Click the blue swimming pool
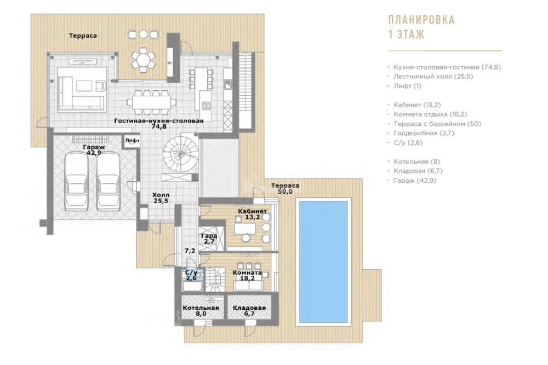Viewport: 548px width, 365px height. coord(323,262)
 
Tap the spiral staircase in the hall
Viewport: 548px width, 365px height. coord(181,154)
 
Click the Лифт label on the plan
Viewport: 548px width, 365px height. coord(133,141)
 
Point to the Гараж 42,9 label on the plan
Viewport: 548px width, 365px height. coord(94,150)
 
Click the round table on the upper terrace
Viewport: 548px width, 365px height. coord(143,60)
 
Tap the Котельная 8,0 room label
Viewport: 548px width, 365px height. coord(201,311)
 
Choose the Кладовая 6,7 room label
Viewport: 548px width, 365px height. coord(249,311)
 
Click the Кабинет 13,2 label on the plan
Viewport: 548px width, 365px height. coord(252,214)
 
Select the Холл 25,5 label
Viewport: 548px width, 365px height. coord(161,198)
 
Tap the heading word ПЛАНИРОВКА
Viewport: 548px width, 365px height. coord(421,20)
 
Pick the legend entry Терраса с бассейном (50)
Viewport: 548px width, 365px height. coord(437,124)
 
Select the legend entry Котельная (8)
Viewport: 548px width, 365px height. coord(417,161)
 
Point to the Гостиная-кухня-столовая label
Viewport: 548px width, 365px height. coord(159,121)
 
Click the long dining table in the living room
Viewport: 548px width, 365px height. coord(152,102)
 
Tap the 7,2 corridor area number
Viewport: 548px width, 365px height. coord(190,251)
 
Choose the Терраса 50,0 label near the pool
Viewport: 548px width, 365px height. coord(285,188)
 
